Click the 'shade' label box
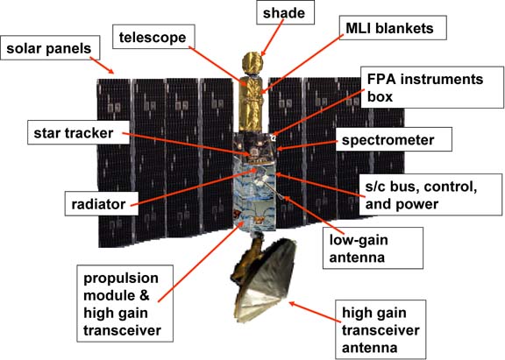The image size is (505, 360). coord(285,13)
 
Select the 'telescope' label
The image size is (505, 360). coord(153,37)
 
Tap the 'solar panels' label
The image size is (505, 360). coord(50,48)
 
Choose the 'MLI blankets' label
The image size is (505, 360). coord(393,28)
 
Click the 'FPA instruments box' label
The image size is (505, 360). coord(432,88)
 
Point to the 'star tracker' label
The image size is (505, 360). coord(78,132)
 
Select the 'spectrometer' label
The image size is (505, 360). coord(394,139)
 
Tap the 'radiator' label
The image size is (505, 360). coord(102,203)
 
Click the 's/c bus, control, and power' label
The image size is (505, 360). coord(430,194)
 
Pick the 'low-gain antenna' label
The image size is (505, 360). coord(373,248)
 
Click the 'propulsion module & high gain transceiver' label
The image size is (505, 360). coord(125,303)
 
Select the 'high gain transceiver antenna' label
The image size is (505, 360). coord(381,329)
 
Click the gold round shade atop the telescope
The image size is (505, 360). coord(252,63)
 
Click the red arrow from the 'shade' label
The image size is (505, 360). coord(273,38)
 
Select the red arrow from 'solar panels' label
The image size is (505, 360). coord(102,66)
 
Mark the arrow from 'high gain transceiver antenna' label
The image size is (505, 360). coord(315,311)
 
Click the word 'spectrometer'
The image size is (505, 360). coord(388,140)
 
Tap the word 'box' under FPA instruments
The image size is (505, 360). coord(380,96)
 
